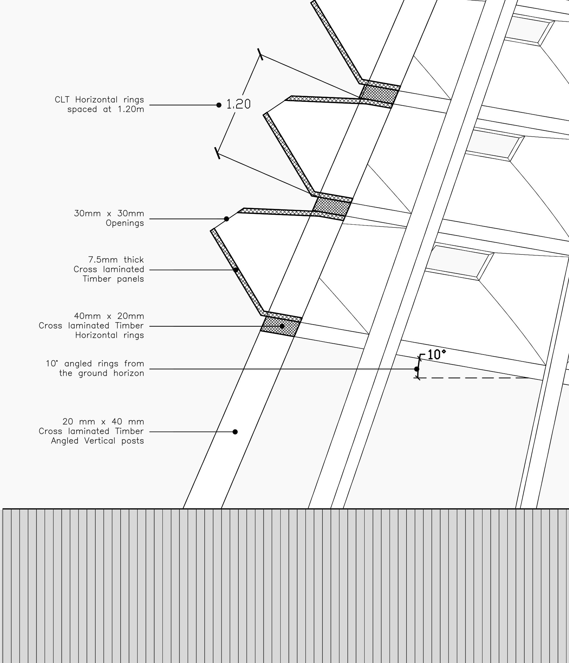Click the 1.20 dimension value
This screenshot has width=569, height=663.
click(238, 104)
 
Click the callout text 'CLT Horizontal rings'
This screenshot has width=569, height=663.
click(99, 100)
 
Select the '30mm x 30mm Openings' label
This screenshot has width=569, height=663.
click(109, 218)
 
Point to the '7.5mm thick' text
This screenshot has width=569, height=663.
click(116, 260)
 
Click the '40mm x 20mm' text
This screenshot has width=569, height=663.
click(109, 316)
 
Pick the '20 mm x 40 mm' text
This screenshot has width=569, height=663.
click(103, 421)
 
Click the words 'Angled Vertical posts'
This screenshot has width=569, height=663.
click(97, 441)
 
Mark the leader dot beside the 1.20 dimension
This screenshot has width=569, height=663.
click(219, 105)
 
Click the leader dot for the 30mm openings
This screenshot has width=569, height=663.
click(227, 219)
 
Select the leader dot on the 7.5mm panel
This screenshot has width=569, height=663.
click(236, 270)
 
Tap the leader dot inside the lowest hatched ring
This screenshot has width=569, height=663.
click(282, 326)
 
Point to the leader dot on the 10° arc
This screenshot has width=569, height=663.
click(416, 369)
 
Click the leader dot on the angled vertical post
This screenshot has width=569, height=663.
click(235, 432)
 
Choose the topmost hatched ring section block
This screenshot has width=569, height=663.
click(379, 95)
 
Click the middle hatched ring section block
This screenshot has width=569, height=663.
click(332, 207)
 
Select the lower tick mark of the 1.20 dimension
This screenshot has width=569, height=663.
click(218, 153)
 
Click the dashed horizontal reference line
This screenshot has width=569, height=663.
click(473, 378)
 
